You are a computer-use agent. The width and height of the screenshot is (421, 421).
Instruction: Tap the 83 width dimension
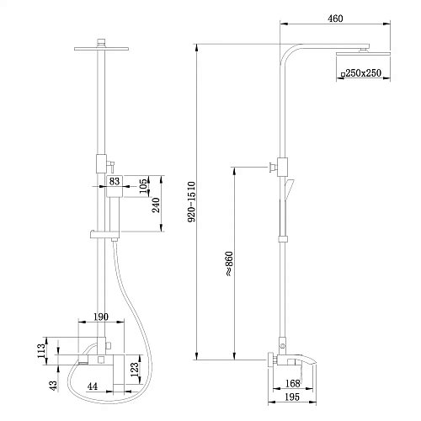(115, 180)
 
